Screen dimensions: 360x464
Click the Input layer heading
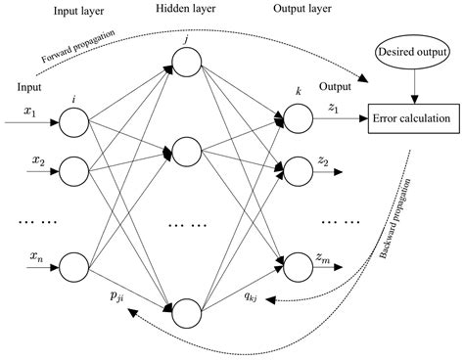click(x=79, y=11)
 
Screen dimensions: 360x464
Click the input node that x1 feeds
click(x=72, y=122)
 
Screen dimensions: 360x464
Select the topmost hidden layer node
click(x=185, y=69)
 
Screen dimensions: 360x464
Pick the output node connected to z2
click(x=298, y=167)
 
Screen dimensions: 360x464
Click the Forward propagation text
click(x=78, y=46)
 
